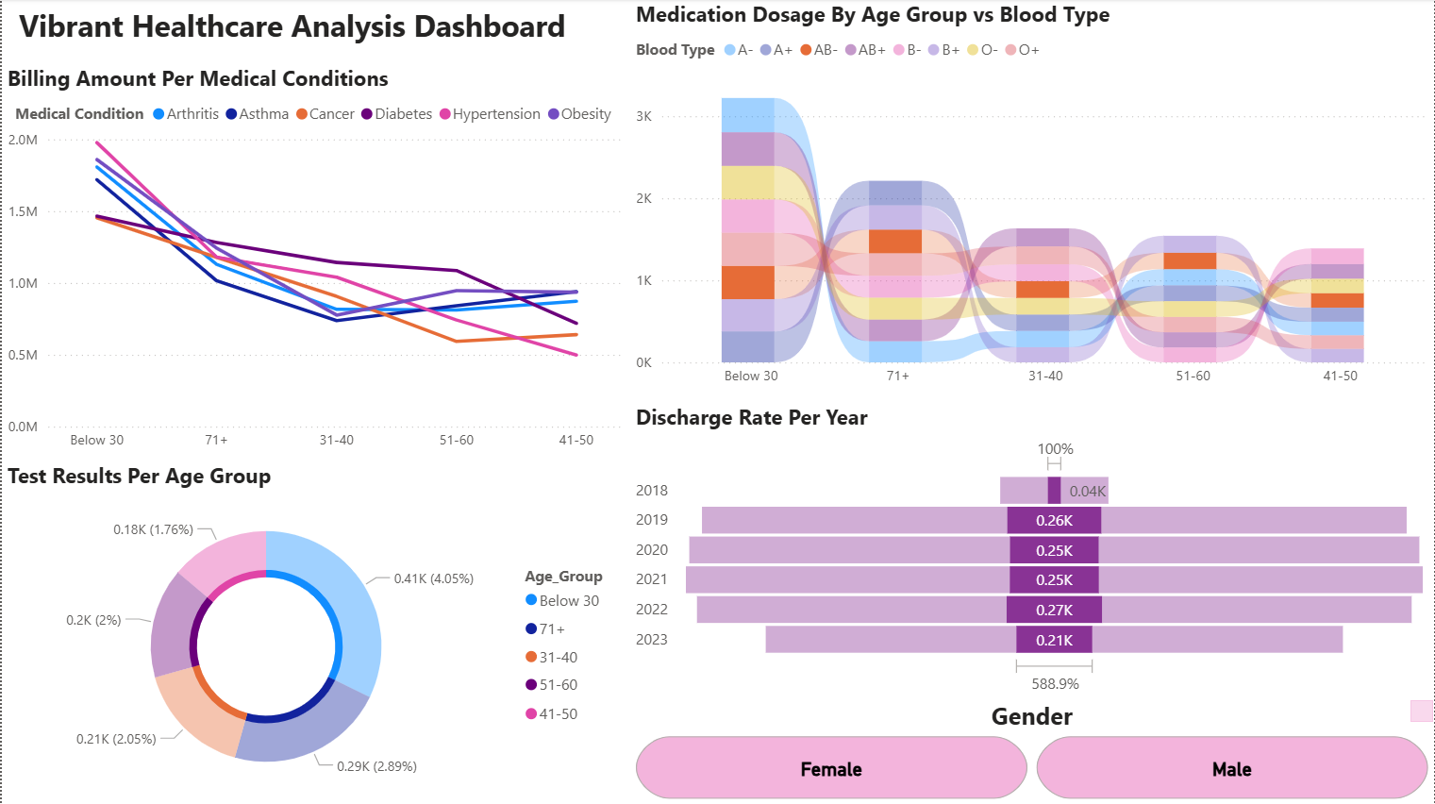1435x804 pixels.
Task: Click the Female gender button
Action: (x=830, y=769)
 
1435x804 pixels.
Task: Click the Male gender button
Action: (x=1231, y=769)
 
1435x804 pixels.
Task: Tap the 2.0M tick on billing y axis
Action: (x=24, y=140)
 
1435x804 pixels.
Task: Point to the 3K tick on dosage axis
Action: (x=644, y=116)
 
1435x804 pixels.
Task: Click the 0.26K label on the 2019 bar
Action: (x=1054, y=520)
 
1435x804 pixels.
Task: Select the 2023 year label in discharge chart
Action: (x=652, y=640)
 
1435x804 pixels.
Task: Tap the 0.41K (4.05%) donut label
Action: (x=433, y=578)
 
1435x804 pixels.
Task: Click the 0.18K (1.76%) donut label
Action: (x=153, y=529)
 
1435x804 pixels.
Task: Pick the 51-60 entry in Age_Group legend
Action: (x=558, y=685)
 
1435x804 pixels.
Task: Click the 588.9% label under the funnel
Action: (x=1055, y=684)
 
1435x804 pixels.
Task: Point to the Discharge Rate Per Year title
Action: (x=751, y=418)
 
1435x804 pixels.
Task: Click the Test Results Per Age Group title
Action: (x=140, y=477)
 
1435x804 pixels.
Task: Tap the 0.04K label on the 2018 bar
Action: (x=1087, y=491)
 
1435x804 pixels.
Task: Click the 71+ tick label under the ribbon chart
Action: (x=898, y=376)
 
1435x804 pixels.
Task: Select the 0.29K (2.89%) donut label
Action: (x=376, y=766)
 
